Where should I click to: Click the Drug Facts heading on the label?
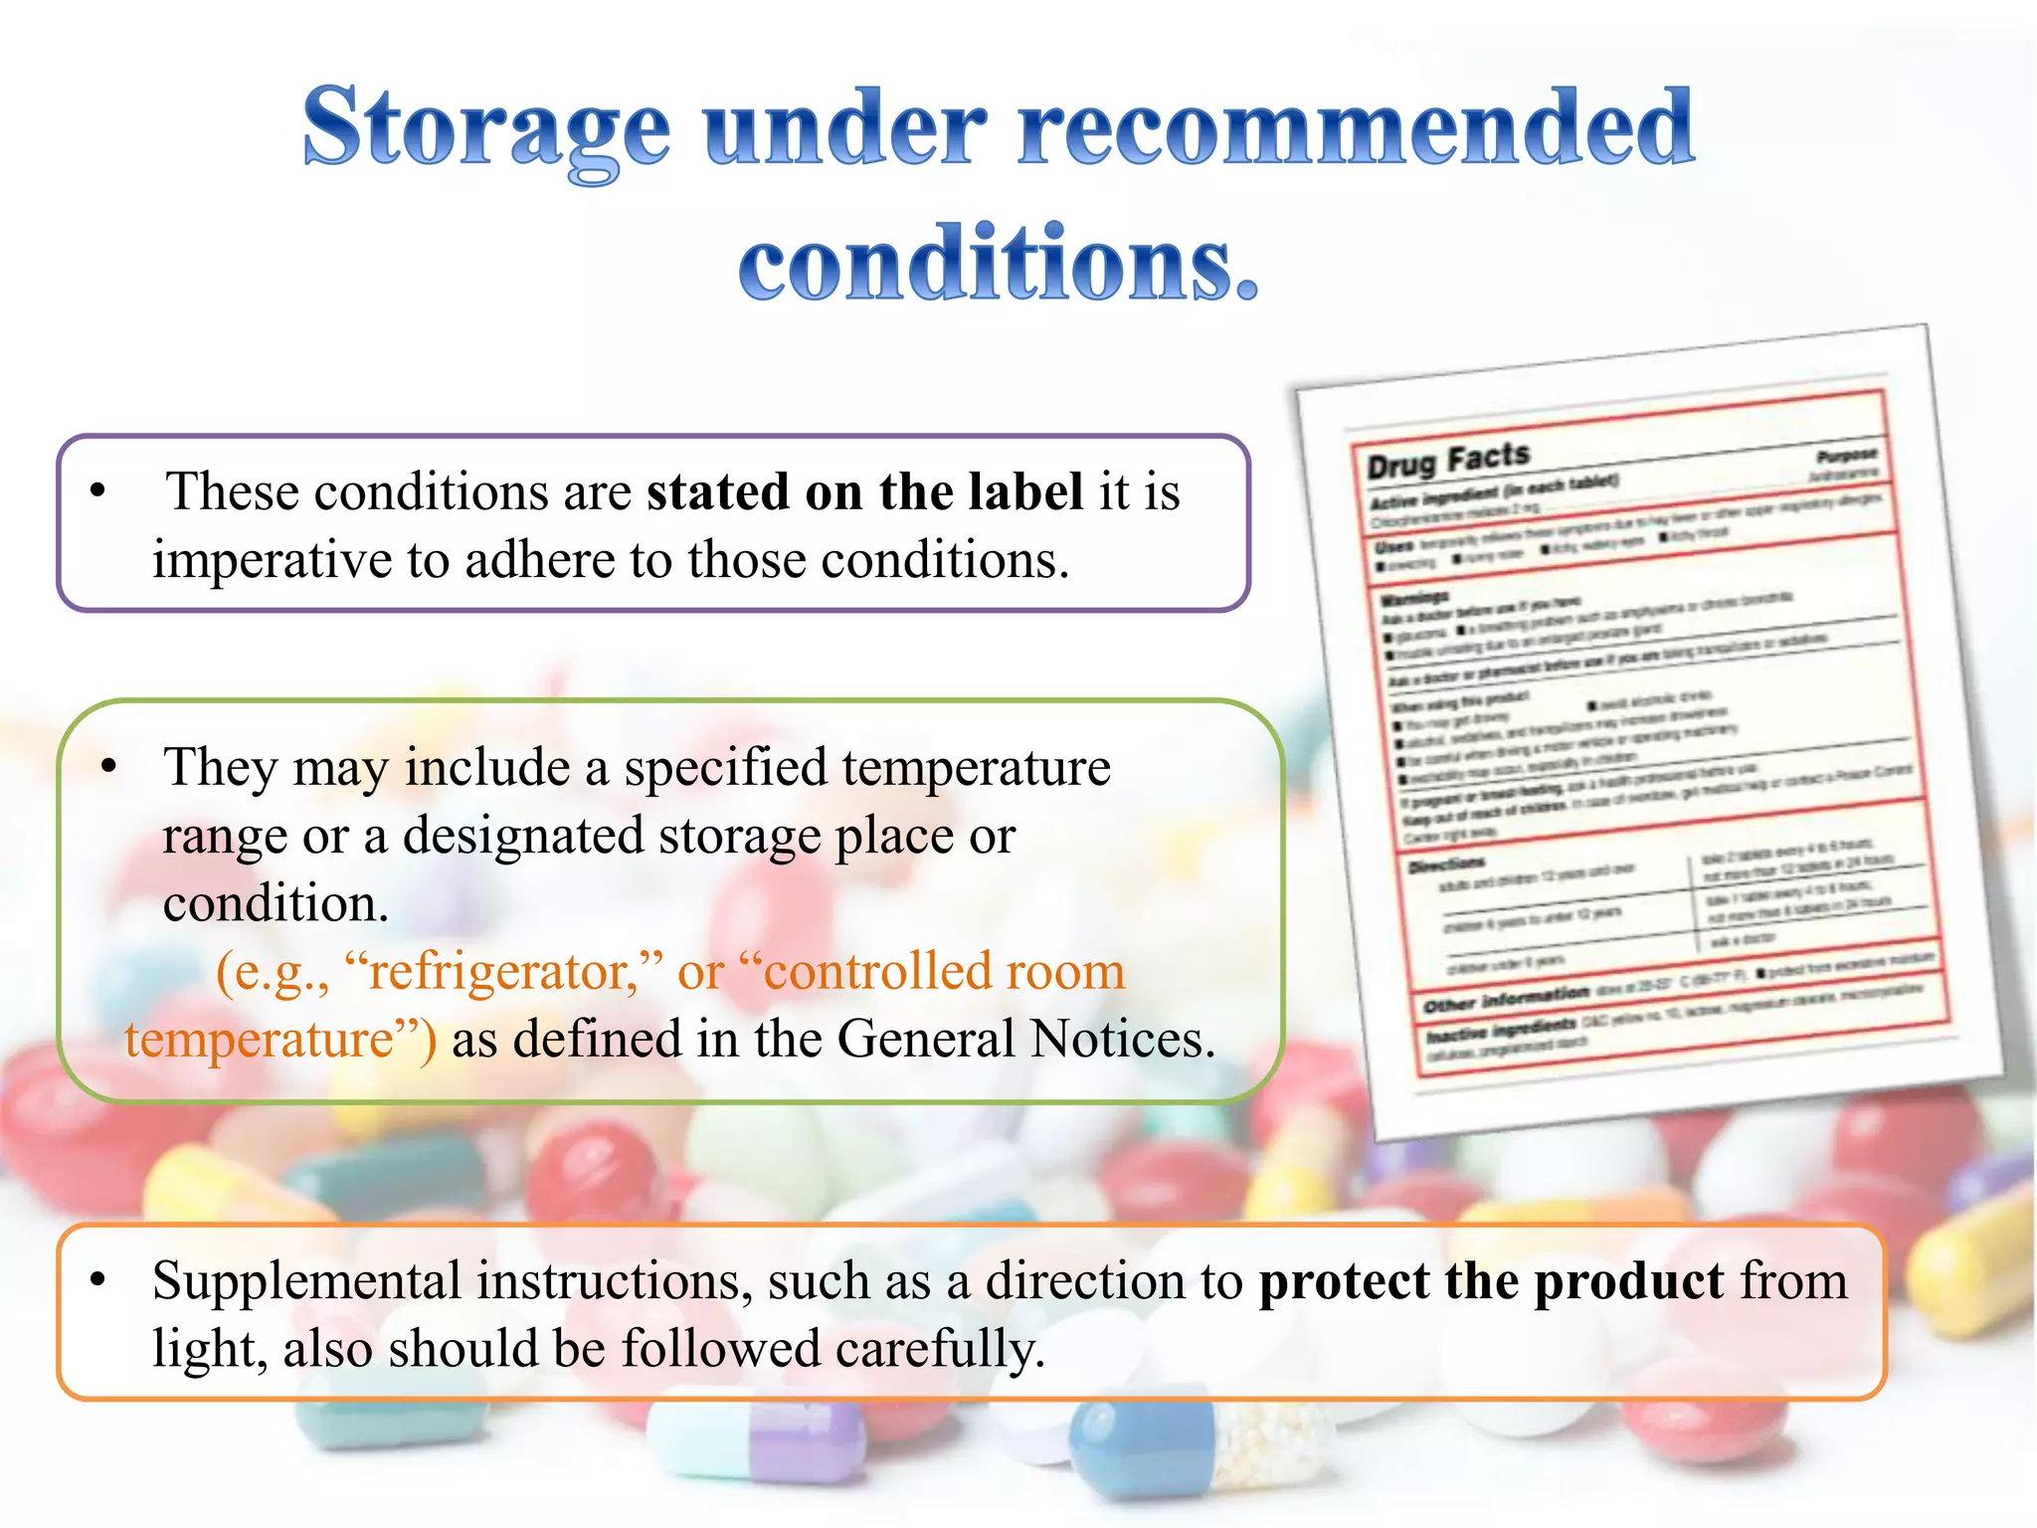coord(1447,460)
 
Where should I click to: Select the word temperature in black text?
coord(976,768)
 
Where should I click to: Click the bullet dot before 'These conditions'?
coord(97,490)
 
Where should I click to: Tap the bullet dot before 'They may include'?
coord(109,767)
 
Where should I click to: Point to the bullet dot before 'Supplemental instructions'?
coord(97,1281)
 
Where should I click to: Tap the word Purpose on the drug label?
coord(1846,456)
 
